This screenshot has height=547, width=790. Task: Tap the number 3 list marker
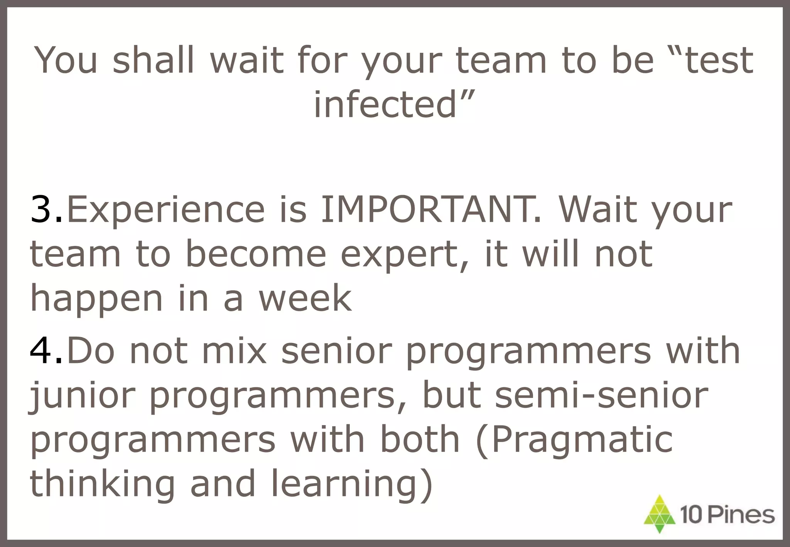[42, 210]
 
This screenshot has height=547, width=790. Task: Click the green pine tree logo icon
[660, 514]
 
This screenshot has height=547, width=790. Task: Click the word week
[305, 299]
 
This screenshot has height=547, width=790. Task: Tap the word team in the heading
[501, 60]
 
